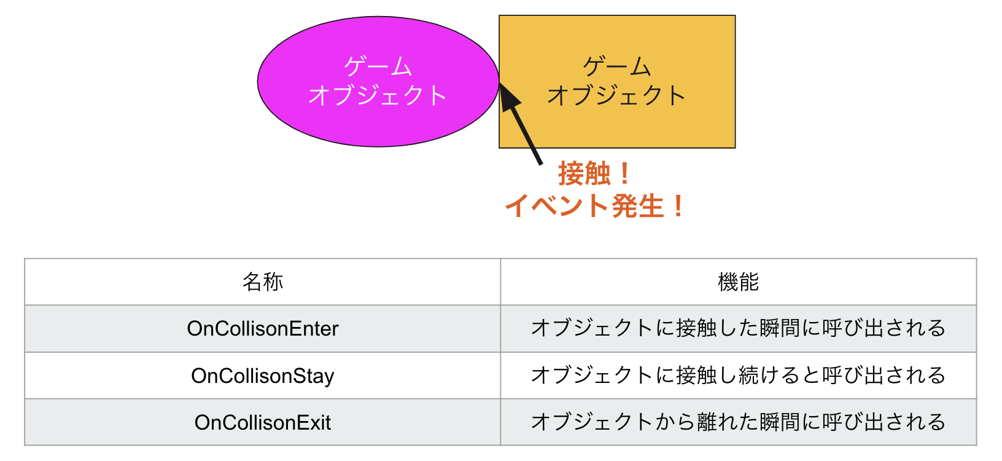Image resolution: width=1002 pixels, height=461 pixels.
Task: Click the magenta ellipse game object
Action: [x=378, y=82]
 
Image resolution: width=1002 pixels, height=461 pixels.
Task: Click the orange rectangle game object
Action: [x=617, y=82]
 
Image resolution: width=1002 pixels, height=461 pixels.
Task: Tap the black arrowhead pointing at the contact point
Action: [x=509, y=97]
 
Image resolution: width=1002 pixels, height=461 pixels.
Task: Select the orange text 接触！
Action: [x=596, y=174]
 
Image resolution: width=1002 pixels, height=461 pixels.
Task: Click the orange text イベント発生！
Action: [x=596, y=206]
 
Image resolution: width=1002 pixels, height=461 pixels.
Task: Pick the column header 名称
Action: [x=263, y=282]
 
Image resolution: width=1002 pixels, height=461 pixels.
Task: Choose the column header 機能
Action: [x=738, y=282]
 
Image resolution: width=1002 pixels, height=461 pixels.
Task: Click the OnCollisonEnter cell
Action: [x=263, y=329]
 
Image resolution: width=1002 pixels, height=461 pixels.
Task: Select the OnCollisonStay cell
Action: [x=263, y=376]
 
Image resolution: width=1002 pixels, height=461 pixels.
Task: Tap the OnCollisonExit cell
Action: [x=263, y=422]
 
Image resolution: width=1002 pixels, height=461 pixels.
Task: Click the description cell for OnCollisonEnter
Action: [x=738, y=328]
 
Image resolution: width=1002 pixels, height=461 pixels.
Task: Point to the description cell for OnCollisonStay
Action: [x=738, y=376]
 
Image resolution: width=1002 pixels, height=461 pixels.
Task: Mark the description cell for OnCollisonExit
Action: [x=738, y=422]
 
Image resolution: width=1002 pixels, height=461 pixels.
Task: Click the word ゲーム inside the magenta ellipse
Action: [x=378, y=67]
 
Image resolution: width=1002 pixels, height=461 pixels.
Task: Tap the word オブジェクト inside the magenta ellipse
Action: [x=378, y=95]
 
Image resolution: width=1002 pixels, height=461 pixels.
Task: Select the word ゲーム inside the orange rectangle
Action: [x=617, y=67]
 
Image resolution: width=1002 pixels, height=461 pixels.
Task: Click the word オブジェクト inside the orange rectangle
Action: [x=617, y=95]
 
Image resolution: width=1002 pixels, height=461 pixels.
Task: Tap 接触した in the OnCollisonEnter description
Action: [x=718, y=328]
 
